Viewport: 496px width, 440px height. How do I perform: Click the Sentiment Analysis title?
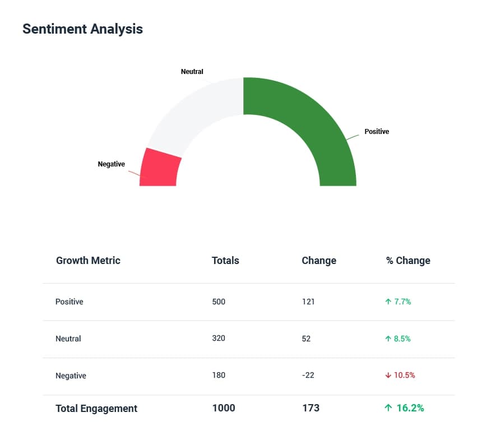pos(82,29)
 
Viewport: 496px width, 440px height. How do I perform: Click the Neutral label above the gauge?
pos(192,72)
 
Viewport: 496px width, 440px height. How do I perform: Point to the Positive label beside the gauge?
pos(377,132)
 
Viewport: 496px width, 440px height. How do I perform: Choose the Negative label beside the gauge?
pos(111,164)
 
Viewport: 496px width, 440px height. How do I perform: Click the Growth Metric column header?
pos(88,261)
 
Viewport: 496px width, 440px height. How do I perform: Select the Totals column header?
pos(225,261)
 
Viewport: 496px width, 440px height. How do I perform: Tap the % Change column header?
pos(408,261)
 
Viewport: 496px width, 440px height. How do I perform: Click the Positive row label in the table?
pos(69,302)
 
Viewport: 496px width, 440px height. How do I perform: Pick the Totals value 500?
pos(219,302)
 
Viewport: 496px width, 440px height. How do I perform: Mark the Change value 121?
pos(308,302)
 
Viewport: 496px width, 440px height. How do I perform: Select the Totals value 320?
pos(219,339)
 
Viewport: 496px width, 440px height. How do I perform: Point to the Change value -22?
pos(308,376)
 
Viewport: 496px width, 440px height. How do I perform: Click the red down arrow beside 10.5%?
pos(388,376)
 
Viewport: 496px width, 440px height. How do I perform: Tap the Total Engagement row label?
pos(96,409)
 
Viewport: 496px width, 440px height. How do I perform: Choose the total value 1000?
pos(224,408)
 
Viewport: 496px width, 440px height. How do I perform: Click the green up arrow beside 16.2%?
pos(388,408)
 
